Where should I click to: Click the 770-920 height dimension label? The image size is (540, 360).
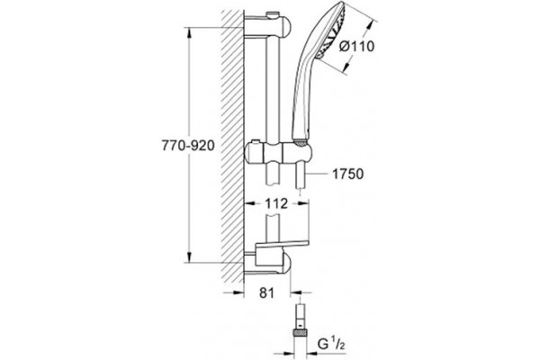188,146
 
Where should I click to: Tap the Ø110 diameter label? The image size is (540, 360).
356,46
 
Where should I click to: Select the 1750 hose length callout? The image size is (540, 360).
347,174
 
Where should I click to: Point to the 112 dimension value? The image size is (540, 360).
276,203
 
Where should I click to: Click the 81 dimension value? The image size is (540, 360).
267,293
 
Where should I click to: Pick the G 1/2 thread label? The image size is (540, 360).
331,344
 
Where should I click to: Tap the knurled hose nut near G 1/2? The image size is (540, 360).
301,333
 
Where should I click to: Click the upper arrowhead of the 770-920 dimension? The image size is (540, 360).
189,33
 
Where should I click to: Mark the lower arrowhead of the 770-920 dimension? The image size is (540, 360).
189,256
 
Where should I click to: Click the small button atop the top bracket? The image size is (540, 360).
272,14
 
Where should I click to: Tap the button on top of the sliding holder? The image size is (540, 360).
256,142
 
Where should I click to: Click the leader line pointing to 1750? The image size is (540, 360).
317,175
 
